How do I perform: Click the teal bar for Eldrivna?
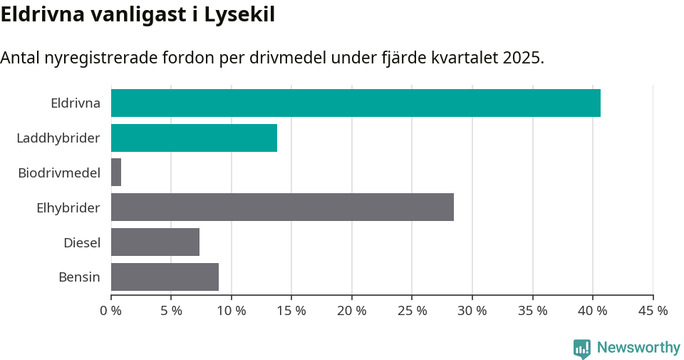click(356, 103)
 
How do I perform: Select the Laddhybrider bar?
click(194, 138)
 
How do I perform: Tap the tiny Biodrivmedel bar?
click(116, 173)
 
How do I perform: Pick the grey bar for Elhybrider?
click(282, 207)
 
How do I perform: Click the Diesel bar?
click(155, 242)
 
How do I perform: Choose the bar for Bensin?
click(165, 277)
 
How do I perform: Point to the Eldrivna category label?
click(76, 103)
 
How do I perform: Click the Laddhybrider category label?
click(58, 138)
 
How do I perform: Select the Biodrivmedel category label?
click(59, 173)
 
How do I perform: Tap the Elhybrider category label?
click(68, 207)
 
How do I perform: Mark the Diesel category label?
click(82, 242)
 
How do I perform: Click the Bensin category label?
click(79, 277)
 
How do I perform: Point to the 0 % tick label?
click(111, 311)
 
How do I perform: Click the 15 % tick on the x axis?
click(291, 311)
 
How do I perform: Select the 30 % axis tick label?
click(472, 311)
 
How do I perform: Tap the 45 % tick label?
click(653, 311)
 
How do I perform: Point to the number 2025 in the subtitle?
click(522, 58)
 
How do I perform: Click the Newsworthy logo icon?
click(582, 349)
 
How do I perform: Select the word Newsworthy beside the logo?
click(638, 348)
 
